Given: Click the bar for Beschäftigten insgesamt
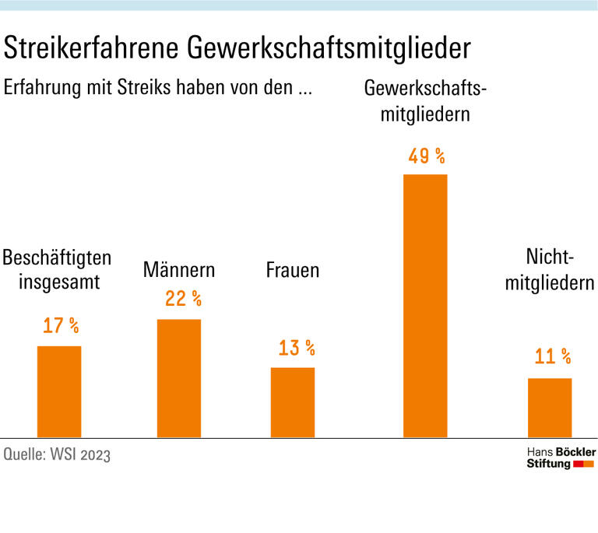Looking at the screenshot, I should [59, 391].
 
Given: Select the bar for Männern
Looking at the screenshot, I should [179, 378].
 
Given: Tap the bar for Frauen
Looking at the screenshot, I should [293, 402].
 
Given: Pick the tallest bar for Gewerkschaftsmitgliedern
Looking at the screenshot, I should [425, 305].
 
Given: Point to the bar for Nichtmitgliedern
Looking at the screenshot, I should [550, 408].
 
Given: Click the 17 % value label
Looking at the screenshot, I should [61, 326].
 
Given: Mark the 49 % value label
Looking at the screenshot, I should [427, 156].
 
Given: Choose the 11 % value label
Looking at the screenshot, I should [553, 357].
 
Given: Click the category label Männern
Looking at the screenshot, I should [179, 271].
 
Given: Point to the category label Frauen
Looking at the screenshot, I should [293, 271].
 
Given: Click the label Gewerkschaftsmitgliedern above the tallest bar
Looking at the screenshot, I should [425, 101].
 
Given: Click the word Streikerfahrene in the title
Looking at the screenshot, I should [93, 49].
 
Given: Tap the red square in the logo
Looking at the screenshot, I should [578, 465].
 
